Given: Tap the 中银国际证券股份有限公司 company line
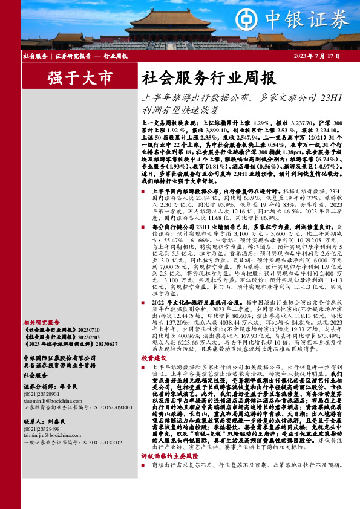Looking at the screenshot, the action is (57, 358).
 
